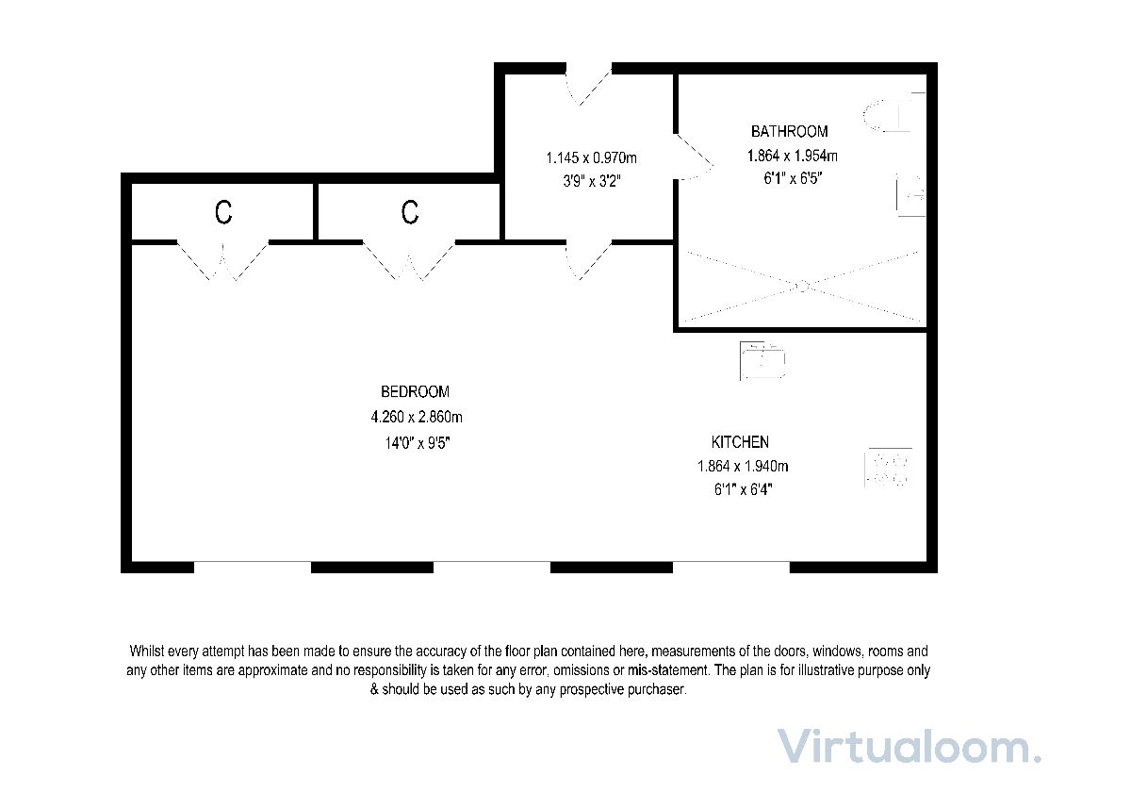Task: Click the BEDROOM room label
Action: tap(415, 392)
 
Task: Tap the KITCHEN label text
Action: tap(740, 442)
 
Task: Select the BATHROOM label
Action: tap(790, 132)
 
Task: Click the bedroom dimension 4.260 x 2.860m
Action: tap(417, 417)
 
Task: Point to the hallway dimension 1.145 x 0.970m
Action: tap(591, 158)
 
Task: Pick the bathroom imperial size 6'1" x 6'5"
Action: tap(794, 179)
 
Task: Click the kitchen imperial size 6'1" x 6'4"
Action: tap(744, 490)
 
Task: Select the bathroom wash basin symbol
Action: tap(910, 195)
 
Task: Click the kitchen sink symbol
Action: tap(762, 360)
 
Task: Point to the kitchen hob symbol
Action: tap(889, 468)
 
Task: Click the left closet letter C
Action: tap(223, 212)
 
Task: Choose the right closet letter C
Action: tap(410, 212)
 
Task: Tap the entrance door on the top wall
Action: tap(589, 85)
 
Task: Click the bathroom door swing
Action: tap(695, 157)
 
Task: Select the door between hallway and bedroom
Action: tap(589, 260)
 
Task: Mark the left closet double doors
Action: tap(222, 261)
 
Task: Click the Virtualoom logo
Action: tap(909, 747)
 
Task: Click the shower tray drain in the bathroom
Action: tap(802, 287)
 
